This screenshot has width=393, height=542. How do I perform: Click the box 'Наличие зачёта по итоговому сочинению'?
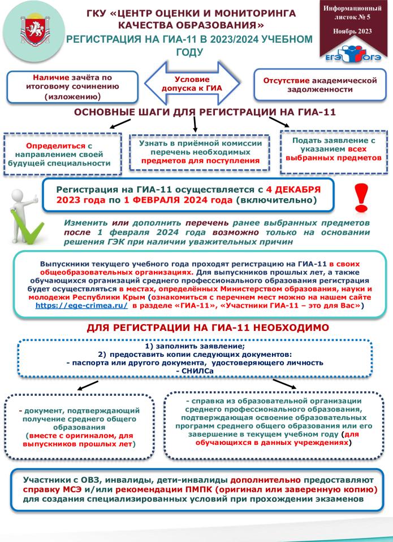72,86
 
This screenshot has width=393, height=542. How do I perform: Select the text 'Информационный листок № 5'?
352,14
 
